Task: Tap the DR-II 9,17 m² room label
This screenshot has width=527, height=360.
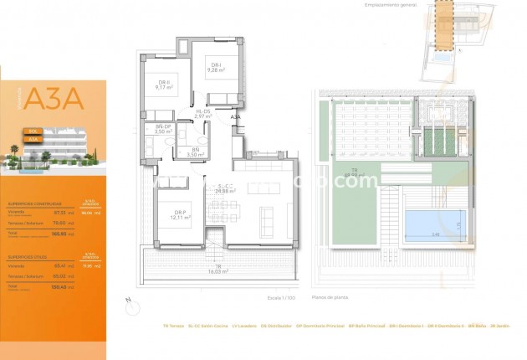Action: (x=163, y=84)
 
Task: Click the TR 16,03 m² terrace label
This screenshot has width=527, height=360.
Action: (x=218, y=270)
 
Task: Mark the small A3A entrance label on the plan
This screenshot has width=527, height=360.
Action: (x=236, y=118)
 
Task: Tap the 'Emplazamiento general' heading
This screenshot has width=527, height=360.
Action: (x=389, y=5)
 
